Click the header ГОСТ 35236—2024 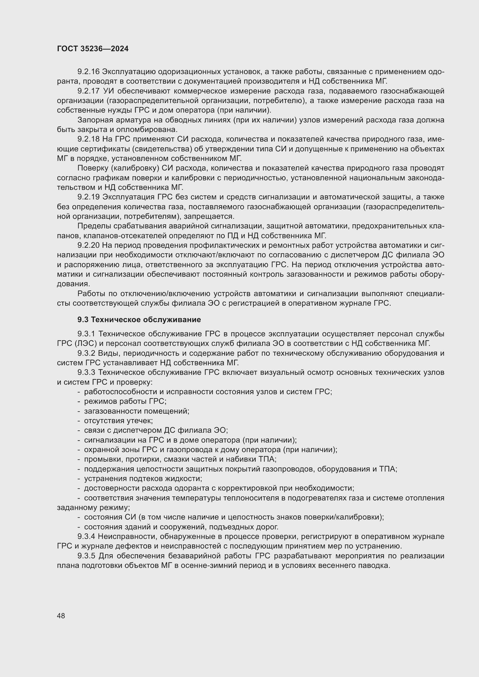(93, 49)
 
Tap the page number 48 (61, 616)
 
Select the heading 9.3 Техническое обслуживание (139, 319)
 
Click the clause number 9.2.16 (89, 72)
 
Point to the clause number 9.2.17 (89, 91)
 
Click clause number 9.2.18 (89, 139)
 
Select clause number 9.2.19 (89, 197)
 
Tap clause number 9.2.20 (89, 245)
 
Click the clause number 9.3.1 (86, 334)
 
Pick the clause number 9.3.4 (86, 536)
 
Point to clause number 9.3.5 (86, 556)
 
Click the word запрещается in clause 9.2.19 (209, 217)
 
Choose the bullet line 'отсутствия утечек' (118, 421)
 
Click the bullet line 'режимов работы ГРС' (125, 401)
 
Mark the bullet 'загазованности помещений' (136, 411)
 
